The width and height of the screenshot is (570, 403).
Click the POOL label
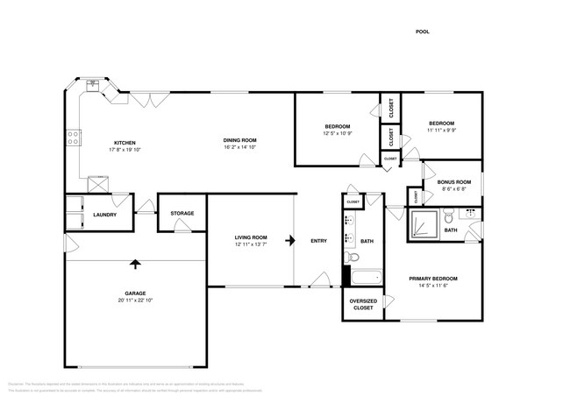pyautogui.click(x=422, y=32)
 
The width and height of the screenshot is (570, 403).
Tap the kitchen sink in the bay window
pyautogui.click(x=92, y=86)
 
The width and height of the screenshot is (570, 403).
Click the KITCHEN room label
pyautogui.click(x=124, y=143)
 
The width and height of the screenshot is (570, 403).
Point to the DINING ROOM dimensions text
pyautogui.click(x=239, y=148)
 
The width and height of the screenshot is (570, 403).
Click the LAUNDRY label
pyautogui.click(x=105, y=213)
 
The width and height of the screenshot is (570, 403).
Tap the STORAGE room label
pyautogui.click(x=182, y=213)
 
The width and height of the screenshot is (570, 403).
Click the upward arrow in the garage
pyautogui.click(x=135, y=262)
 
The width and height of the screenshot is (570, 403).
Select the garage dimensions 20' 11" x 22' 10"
pyautogui.click(x=135, y=300)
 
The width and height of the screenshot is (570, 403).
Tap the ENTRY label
pyautogui.click(x=318, y=241)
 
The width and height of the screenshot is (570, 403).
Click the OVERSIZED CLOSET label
pyautogui.click(x=363, y=305)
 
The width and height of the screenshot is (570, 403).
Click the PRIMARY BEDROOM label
pyautogui.click(x=433, y=279)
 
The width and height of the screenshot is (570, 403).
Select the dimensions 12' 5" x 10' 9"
pyautogui.click(x=338, y=134)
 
